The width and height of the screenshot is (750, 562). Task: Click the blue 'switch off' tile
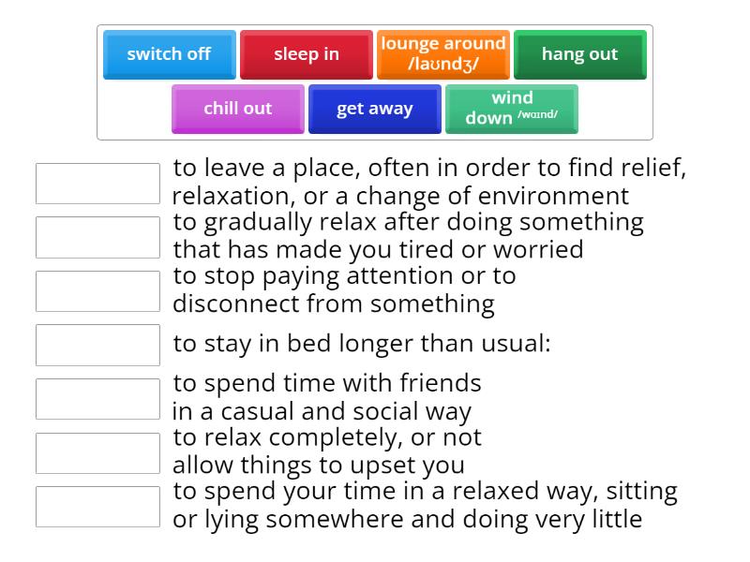coord(169,54)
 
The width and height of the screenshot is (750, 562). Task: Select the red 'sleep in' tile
coord(307,54)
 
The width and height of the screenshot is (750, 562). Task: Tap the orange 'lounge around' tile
coord(443,54)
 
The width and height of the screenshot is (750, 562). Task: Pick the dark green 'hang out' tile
coord(579,54)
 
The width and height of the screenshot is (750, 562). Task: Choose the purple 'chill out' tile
coord(238,109)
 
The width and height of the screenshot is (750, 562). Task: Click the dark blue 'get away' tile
coord(374,109)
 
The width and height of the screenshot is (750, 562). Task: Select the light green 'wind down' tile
coord(511,109)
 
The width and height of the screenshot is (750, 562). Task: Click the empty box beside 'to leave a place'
coord(97,184)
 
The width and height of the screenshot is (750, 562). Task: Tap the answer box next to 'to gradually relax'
coord(97,237)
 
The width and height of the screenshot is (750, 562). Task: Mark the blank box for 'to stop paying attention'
coord(97,291)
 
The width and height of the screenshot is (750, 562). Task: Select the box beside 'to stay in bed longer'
coord(97,345)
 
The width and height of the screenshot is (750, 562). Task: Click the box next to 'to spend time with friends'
coord(97,399)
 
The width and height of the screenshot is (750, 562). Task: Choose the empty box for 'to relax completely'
coord(97,452)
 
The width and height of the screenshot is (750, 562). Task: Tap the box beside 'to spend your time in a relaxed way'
coord(97,507)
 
